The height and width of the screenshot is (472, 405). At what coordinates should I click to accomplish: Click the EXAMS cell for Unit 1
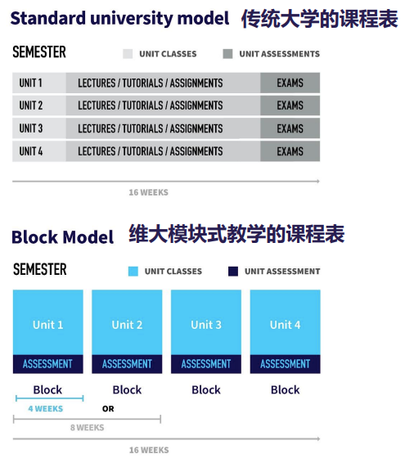point(290,83)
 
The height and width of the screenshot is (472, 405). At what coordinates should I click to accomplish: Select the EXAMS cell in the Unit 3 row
point(290,128)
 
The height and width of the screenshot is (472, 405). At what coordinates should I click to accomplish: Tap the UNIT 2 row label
point(31,106)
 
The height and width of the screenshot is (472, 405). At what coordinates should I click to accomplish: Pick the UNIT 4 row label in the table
point(31,151)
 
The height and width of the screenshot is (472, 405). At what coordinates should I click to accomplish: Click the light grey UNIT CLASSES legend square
point(128,54)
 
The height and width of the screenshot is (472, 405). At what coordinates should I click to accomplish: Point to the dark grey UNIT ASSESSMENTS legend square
point(227,54)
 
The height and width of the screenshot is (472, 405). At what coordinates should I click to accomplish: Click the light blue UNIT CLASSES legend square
point(133,272)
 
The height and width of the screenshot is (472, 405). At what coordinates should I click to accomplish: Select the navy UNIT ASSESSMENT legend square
point(233,272)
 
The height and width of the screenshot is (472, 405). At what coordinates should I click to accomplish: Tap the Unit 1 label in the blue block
point(48,325)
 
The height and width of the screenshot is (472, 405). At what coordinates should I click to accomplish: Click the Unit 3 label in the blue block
point(206,325)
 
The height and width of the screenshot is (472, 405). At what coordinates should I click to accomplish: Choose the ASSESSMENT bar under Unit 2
point(127,364)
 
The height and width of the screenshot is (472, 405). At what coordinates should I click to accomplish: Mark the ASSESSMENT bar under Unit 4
point(286,364)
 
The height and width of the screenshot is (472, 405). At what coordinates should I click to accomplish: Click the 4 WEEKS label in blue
point(46,408)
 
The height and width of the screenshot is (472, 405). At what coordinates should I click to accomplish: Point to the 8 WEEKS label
point(88,428)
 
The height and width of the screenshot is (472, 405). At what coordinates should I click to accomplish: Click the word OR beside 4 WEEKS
point(108,409)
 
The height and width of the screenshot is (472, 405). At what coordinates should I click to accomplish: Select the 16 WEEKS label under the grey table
point(149,192)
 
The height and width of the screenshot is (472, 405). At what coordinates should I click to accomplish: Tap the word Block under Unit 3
point(206,390)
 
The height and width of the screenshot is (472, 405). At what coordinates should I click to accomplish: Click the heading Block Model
point(63,237)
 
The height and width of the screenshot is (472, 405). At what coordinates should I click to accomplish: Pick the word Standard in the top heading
point(48,18)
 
